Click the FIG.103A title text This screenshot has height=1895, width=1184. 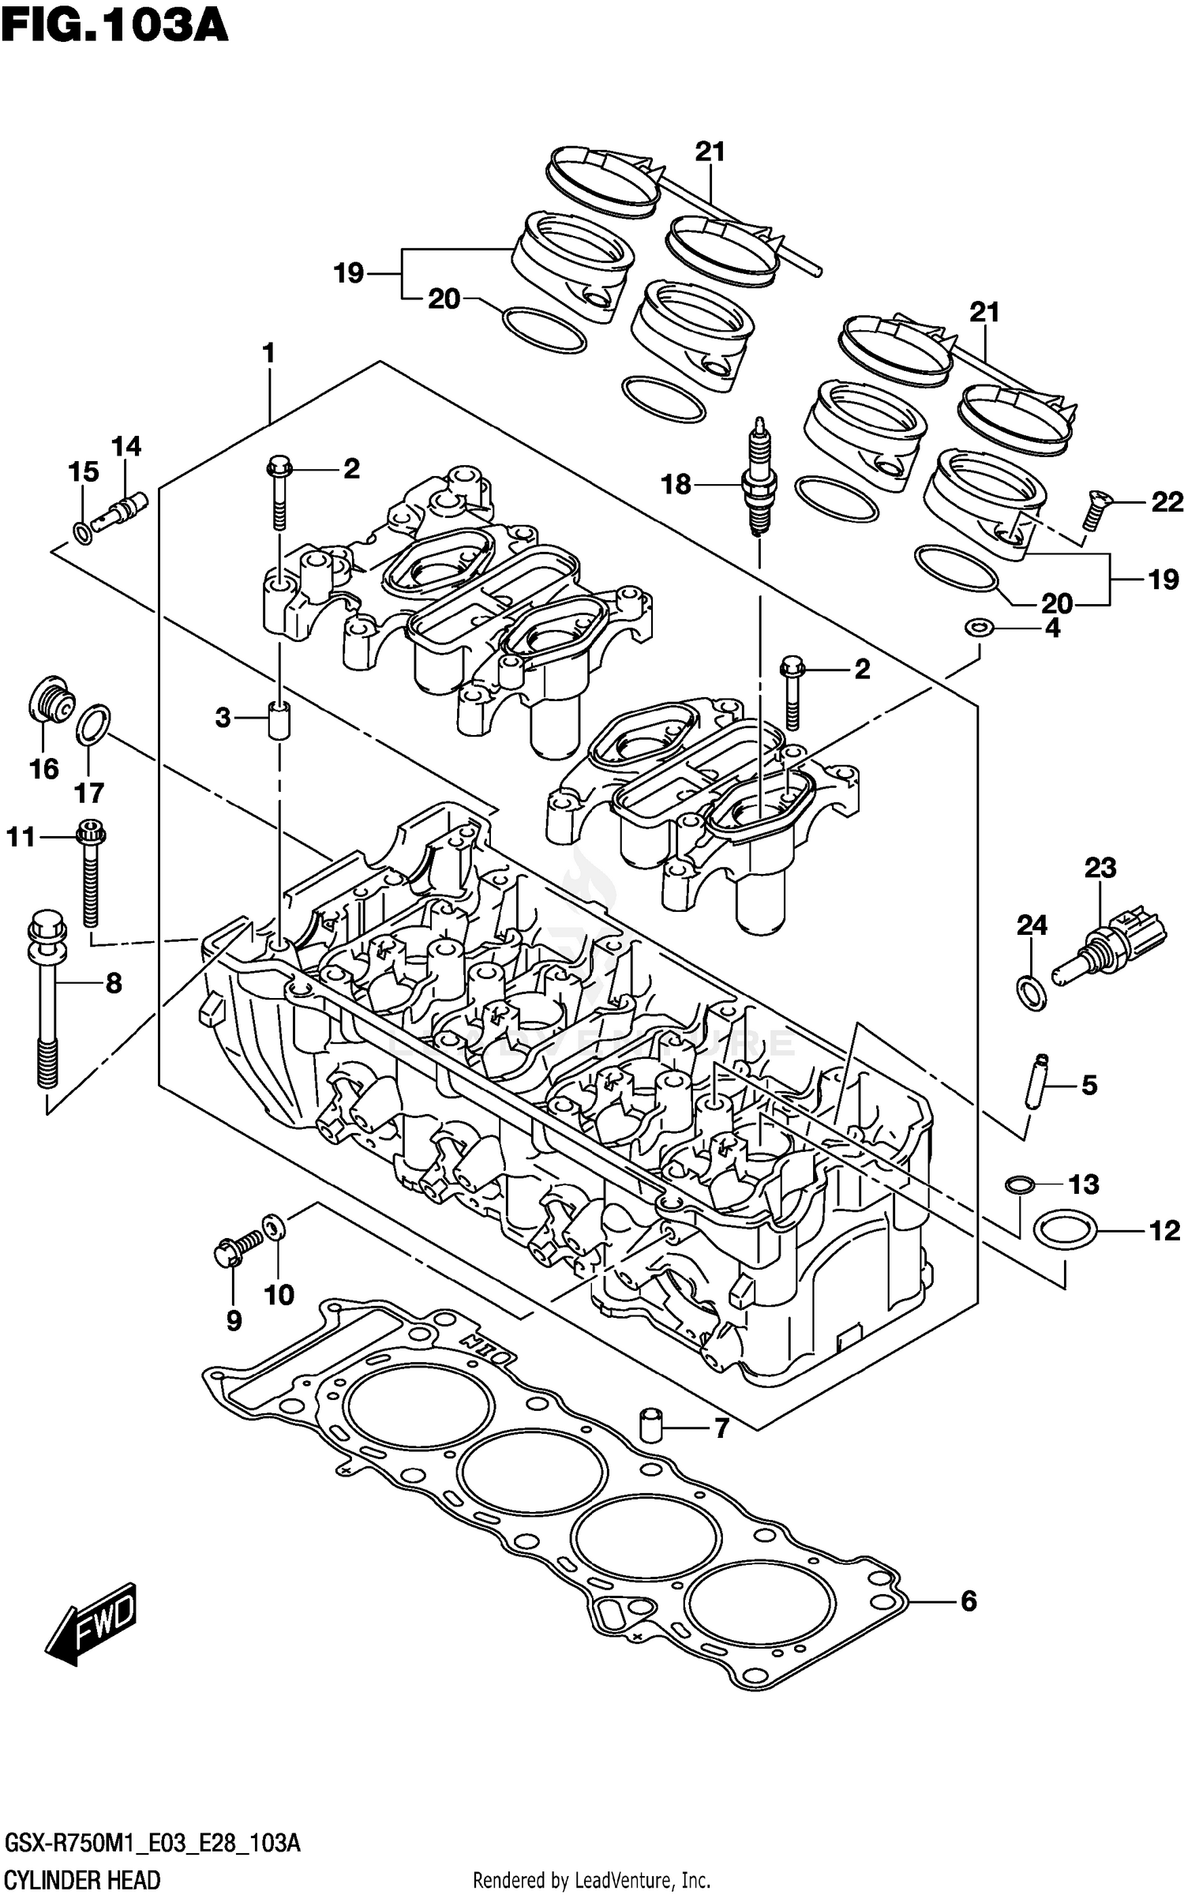114,25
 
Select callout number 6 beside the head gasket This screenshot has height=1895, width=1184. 969,1601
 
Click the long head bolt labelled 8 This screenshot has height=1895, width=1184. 47,1003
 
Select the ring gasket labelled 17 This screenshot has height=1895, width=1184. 93,725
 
